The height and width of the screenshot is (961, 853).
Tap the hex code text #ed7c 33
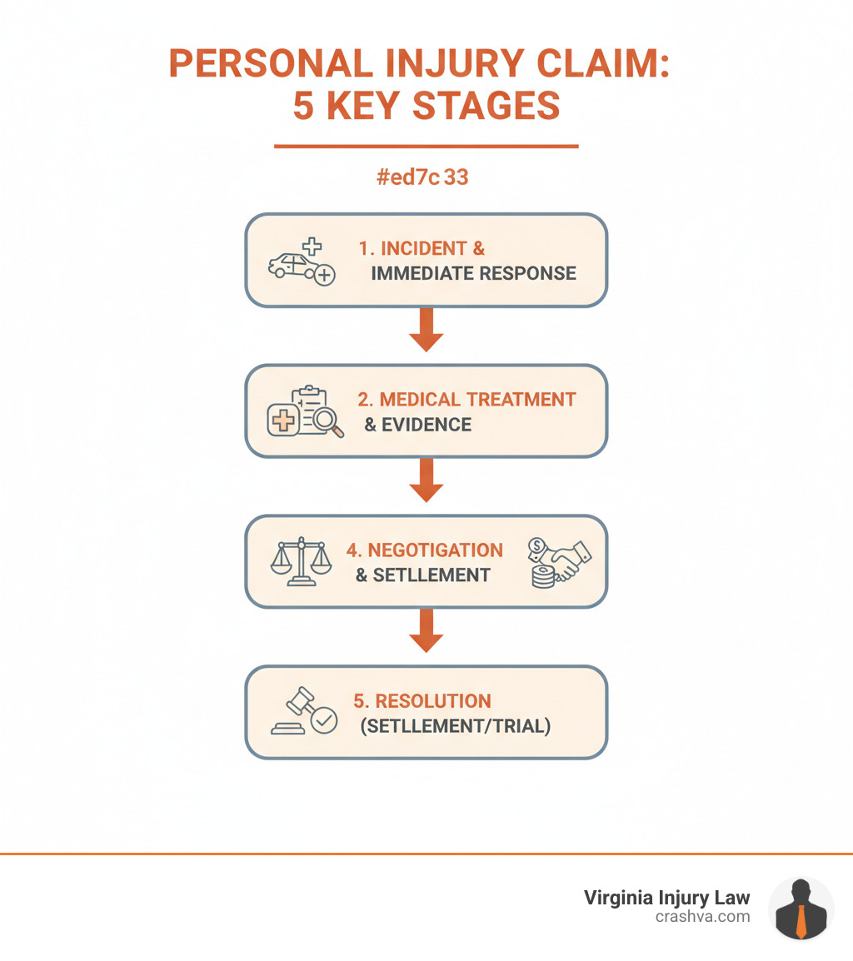(422, 177)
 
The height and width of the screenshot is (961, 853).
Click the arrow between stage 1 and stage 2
(426, 330)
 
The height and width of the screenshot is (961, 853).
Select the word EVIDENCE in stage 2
(426, 425)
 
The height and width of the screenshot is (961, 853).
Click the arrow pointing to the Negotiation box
(426, 480)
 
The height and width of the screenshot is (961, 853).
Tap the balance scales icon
(301, 562)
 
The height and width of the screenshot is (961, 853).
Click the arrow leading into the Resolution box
(426, 631)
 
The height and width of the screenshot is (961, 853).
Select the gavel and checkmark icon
(304, 714)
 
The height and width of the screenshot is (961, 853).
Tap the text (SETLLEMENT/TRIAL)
(456, 726)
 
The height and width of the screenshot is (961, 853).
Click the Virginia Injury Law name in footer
(666, 898)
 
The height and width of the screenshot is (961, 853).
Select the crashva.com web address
(702, 917)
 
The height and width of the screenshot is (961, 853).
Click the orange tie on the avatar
(801, 920)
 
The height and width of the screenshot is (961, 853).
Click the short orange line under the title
(426, 147)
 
